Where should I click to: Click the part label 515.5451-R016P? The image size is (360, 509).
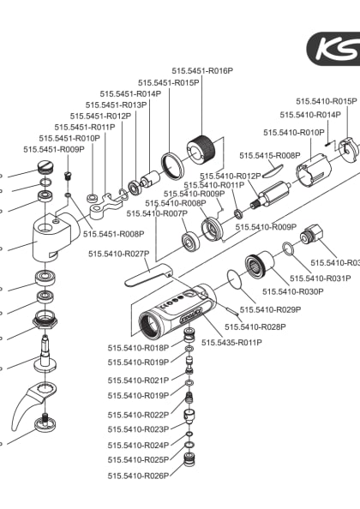click(x=202, y=71)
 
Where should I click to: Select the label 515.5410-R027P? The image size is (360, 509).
click(x=119, y=254)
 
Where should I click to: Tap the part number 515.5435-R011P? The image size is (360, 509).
click(x=231, y=343)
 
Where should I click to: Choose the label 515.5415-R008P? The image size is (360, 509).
click(x=269, y=155)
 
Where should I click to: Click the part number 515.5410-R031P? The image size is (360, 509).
click(x=320, y=278)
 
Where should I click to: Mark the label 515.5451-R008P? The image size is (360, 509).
click(x=114, y=233)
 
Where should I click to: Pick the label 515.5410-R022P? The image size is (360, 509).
click(x=138, y=415)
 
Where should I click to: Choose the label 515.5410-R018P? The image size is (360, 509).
click(x=138, y=348)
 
